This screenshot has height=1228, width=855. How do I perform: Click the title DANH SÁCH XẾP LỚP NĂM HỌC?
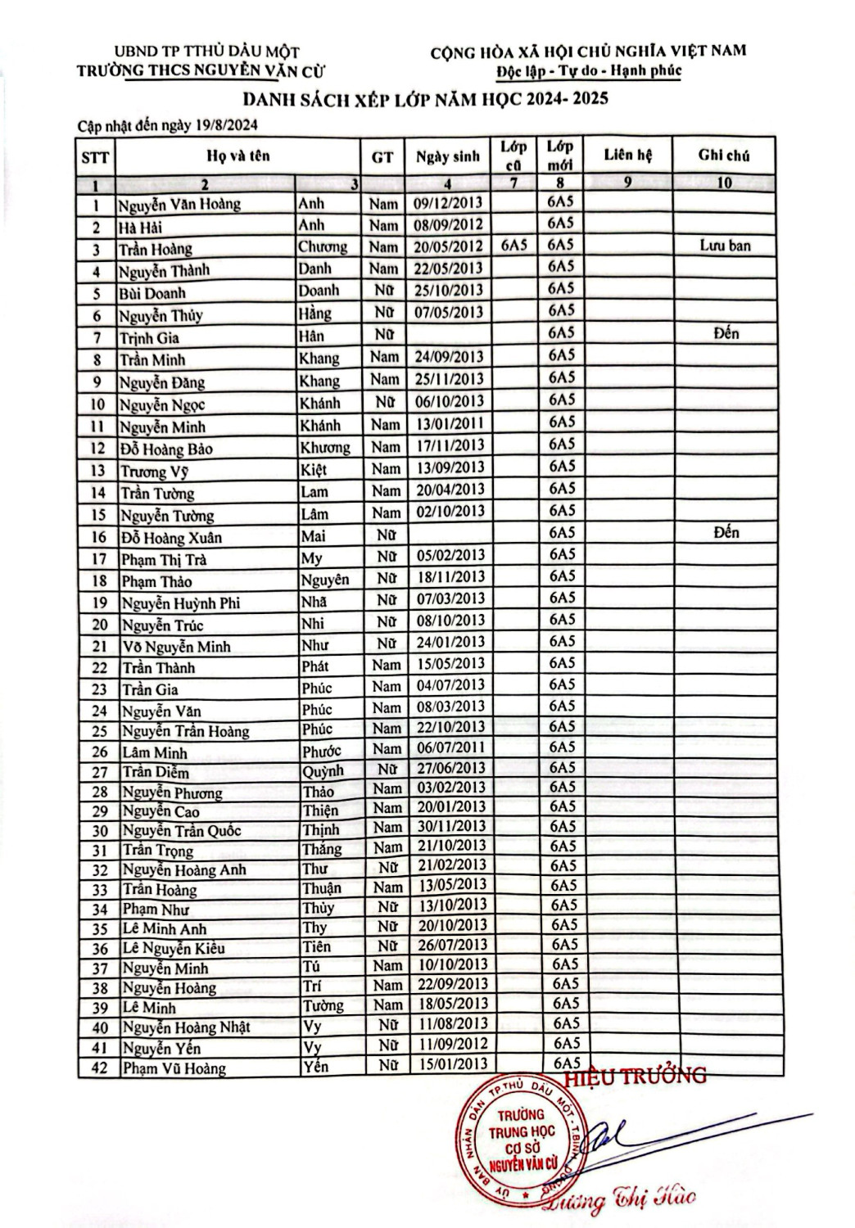[425, 100]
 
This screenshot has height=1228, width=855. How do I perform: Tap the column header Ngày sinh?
[447, 156]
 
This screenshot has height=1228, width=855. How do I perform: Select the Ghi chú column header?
[723, 155]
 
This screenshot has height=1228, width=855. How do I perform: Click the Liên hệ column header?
[627, 155]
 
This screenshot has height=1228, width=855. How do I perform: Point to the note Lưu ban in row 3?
[725, 246]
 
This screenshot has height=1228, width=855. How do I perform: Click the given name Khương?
[324, 447]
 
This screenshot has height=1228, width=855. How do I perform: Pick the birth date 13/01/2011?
[450, 423]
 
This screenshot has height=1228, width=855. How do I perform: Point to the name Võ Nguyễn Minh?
[176, 646]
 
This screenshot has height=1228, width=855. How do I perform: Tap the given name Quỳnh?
[323, 771]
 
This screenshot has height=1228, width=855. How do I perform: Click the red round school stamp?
[523, 1135]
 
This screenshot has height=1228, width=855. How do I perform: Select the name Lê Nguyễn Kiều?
[173, 949]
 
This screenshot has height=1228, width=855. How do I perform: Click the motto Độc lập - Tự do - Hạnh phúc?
[589, 70]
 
